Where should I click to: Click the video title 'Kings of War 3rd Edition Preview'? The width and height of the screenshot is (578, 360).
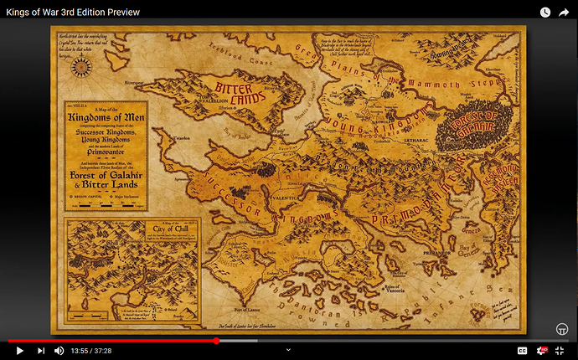point(73,12)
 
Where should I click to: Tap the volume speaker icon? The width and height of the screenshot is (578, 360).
point(59,350)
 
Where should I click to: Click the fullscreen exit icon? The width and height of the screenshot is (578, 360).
point(560,350)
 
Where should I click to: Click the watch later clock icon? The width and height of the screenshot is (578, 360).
point(544,12)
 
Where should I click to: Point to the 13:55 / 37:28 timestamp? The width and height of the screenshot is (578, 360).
point(93,350)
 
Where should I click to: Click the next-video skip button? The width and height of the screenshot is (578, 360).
point(40,350)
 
